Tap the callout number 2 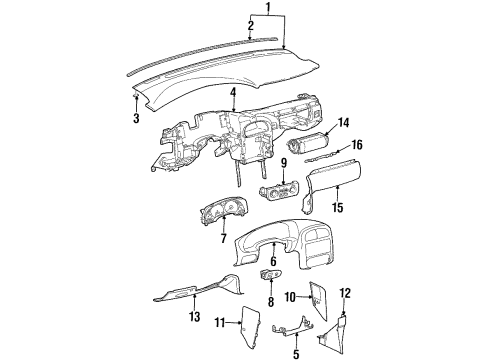250,25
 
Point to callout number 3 135,118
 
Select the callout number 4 232,94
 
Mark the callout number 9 284,163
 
